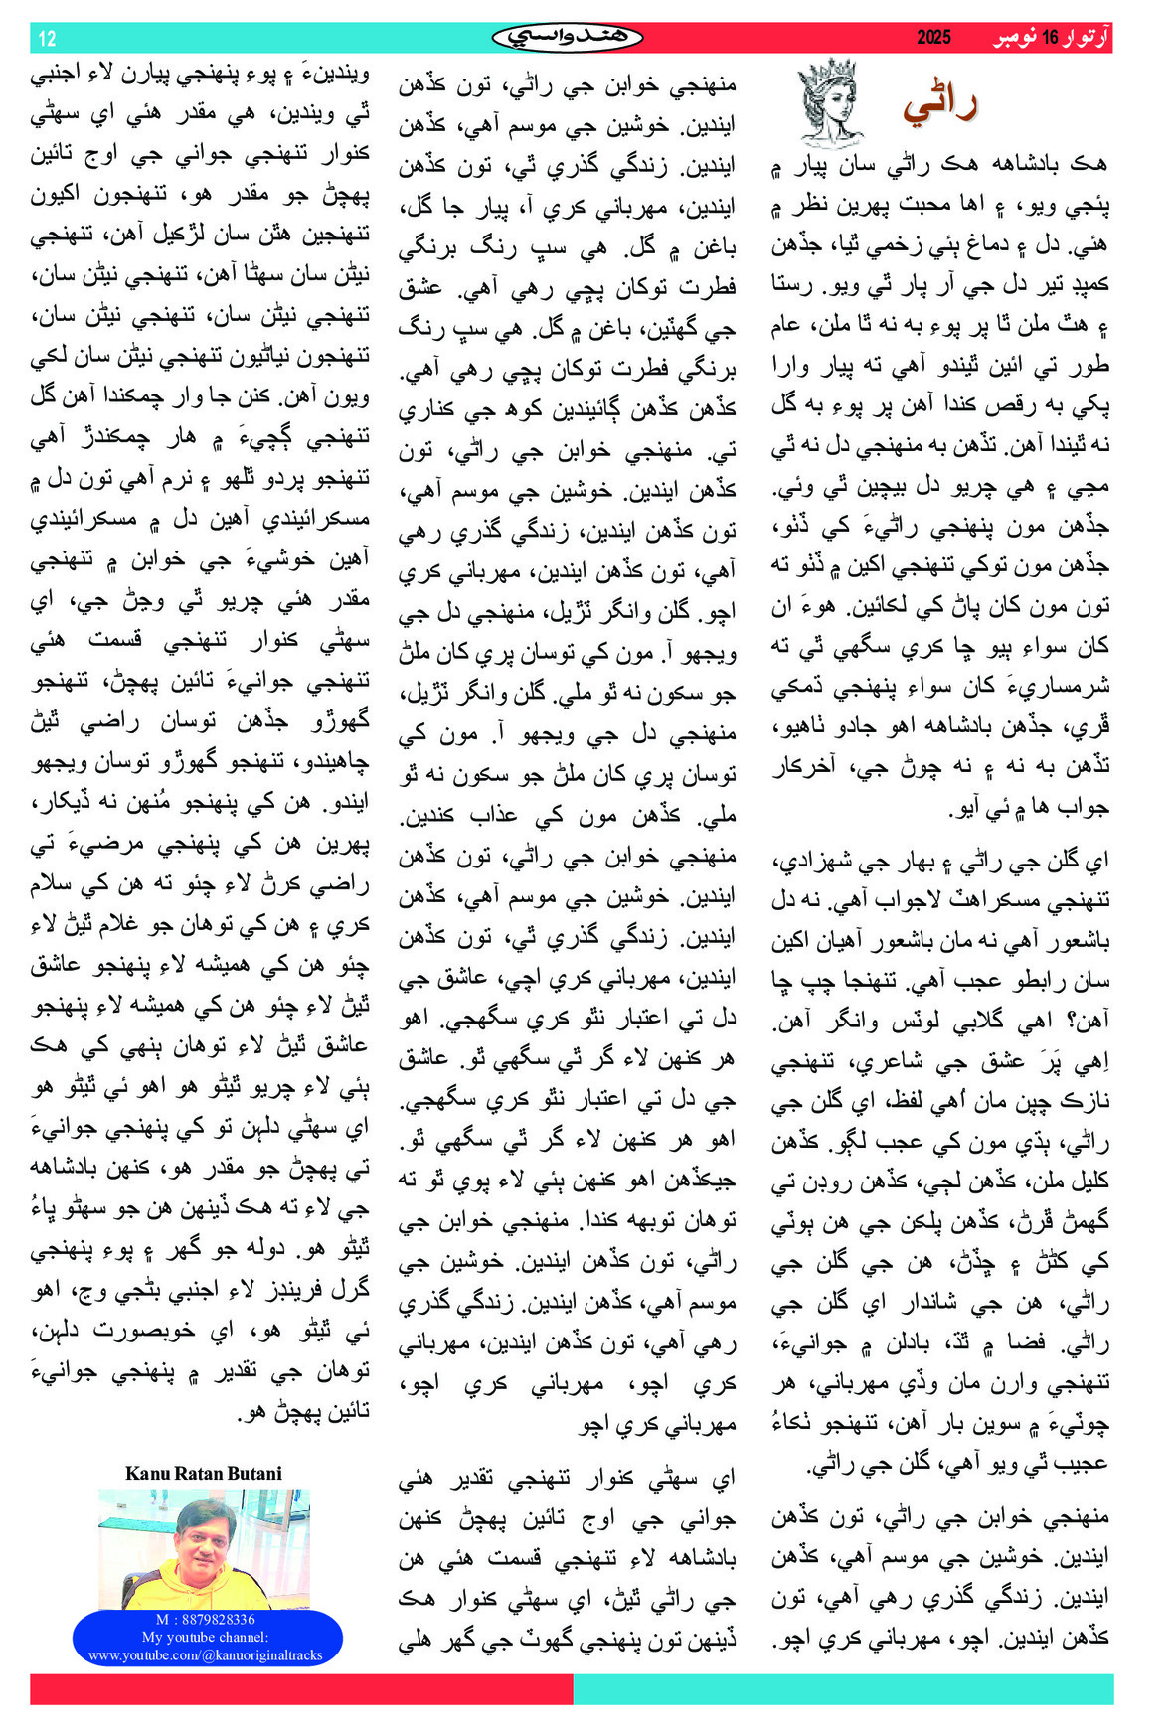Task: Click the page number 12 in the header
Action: click(x=47, y=39)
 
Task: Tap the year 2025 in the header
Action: click(x=932, y=38)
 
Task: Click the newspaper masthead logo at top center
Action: click(x=568, y=38)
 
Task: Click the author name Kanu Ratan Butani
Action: click(x=203, y=1473)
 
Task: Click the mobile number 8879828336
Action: click(x=219, y=1620)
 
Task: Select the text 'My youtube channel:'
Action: click(x=205, y=1637)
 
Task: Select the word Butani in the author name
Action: click(x=255, y=1473)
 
